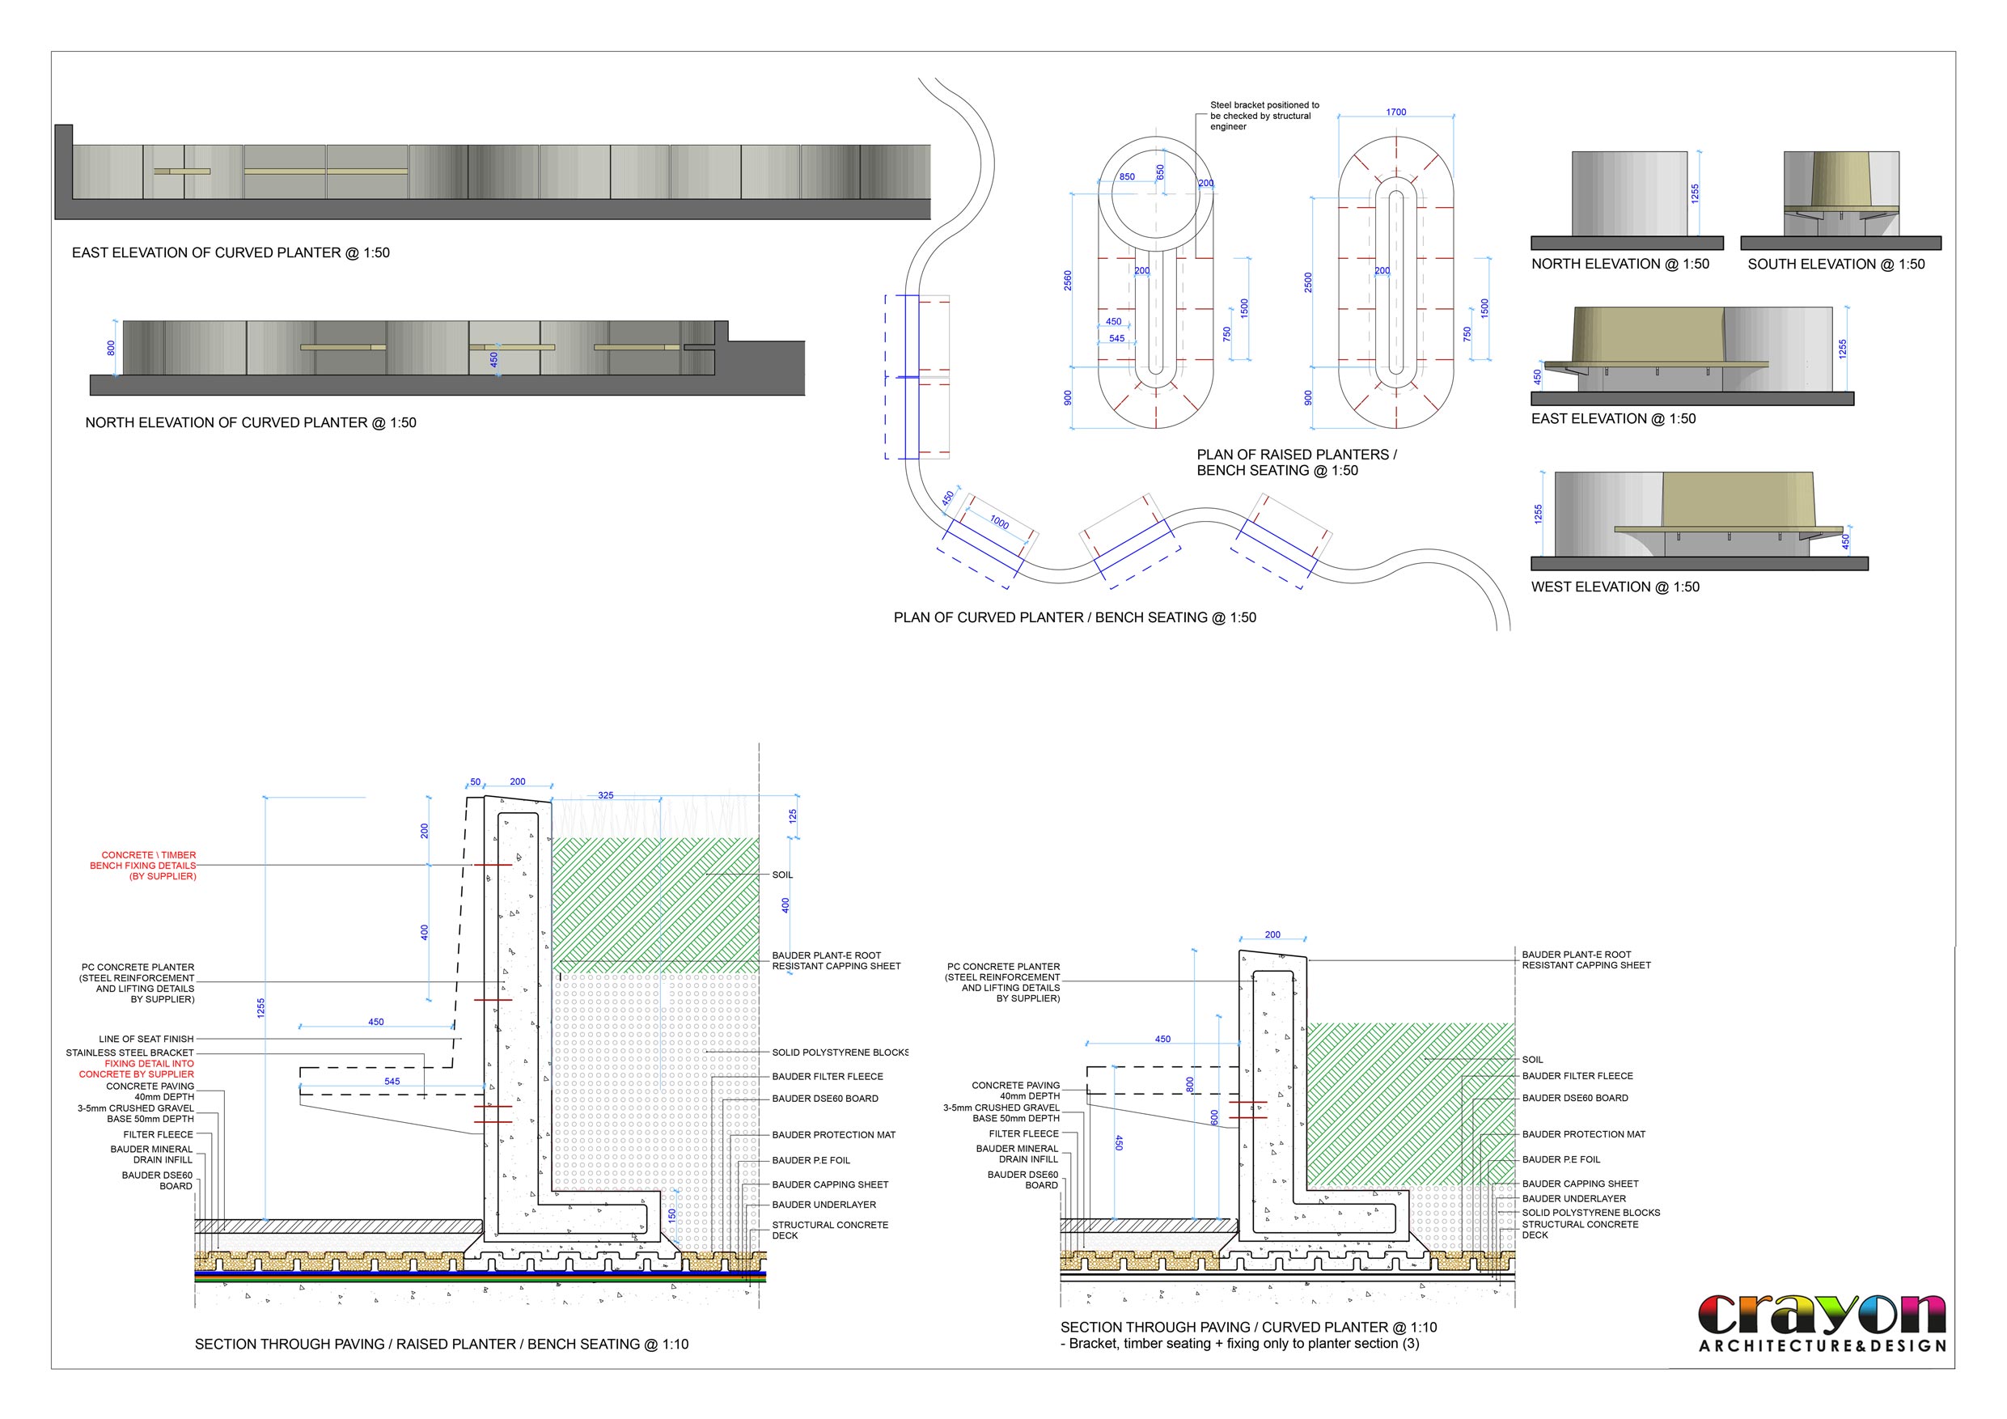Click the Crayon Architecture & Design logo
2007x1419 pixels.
pyautogui.click(x=1823, y=1323)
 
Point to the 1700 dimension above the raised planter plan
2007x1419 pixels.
pyautogui.click(x=1396, y=112)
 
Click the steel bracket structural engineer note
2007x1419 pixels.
pyautogui.click(x=1264, y=116)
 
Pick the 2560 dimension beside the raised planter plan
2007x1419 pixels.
pyautogui.click(x=1067, y=281)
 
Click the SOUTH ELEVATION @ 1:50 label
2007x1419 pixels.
pyautogui.click(x=1836, y=264)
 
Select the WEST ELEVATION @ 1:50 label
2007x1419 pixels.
pyautogui.click(x=1615, y=587)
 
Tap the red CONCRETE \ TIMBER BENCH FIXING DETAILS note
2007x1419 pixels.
pyautogui.click(x=143, y=866)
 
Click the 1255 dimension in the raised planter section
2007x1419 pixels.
pyautogui.click(x=260, y=1008)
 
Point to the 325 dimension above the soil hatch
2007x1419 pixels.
pyautogui.click(x=606, y=795)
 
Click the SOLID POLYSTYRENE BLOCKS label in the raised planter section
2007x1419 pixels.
pyautogui.click(x=840, y=1053)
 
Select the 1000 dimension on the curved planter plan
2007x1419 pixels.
pyautogui.click(x=999, y=522)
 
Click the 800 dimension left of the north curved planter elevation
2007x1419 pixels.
pyautogui.click(x=111, y=348)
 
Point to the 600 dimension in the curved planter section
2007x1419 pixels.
pyautogui.click(x=1214, y=1117)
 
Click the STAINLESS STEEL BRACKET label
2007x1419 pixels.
pyautogui.click(x=129, y=1053)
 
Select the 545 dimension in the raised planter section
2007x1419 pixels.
pyautogui.click(x=392, y=1082)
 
